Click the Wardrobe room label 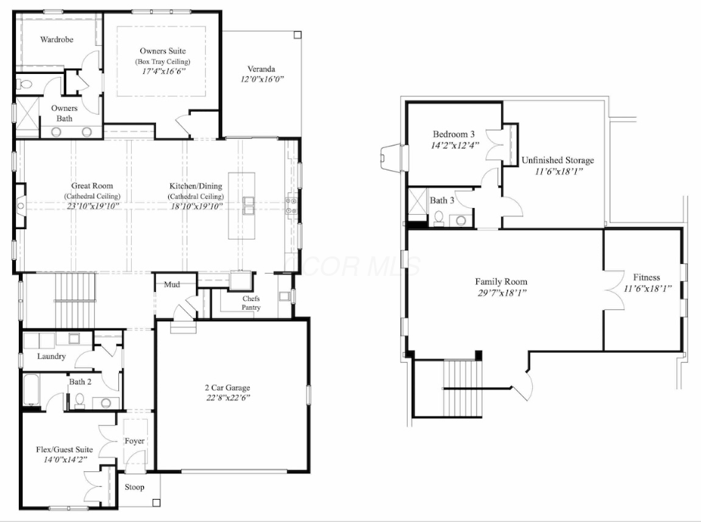coord(57,39)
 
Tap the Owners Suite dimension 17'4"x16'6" coord(162,71)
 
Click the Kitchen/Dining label coord(194,185)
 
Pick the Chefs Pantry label coord(251,303)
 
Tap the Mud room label coord(172,285)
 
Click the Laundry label coord(51,357)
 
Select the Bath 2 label coord(80,382)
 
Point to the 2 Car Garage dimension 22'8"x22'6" coord(228,397)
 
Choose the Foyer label coord(134,441)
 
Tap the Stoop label coord(134,487)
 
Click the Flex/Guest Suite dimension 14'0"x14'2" coord(64,459)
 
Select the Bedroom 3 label coord(453,133)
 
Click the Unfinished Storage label coord(558,161)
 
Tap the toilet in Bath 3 coord(438,219)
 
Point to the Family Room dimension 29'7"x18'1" coord(500,293)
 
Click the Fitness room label coord(646,277)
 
